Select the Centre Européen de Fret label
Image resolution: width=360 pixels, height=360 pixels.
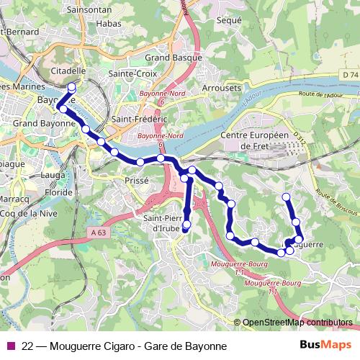(253, 140)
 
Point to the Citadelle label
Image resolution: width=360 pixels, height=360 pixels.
(71, 71)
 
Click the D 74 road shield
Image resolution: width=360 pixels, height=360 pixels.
(350, 74)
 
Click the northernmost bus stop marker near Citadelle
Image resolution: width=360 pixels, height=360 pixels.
(71, 88)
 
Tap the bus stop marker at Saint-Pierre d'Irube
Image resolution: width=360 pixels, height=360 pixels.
(186, 225)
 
